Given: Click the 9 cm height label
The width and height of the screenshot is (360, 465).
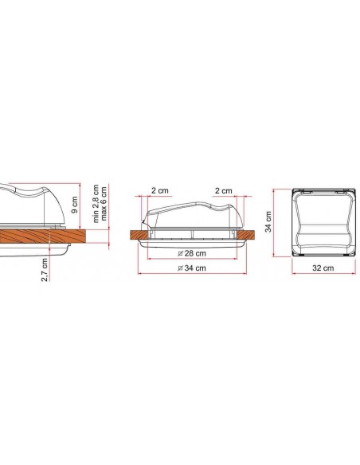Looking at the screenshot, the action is [x=75, y=205].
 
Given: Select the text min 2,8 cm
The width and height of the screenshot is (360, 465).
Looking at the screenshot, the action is [x=96, y=204].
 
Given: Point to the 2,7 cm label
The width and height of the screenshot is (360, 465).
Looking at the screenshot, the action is [x=45, y=270].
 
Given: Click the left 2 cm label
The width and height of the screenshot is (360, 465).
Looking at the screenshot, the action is [x=160, y=190].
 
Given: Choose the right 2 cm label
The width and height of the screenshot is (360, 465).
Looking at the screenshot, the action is [x=223, y=190].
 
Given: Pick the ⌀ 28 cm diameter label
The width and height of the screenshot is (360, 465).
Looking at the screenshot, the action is [x=192, y=253].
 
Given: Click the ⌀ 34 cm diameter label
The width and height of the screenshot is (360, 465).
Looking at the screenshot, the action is [x=192, y=268].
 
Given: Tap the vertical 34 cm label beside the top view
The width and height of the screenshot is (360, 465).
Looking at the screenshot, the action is [x=268, y=221].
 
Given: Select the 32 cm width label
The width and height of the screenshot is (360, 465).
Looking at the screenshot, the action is [x=323, y=268].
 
